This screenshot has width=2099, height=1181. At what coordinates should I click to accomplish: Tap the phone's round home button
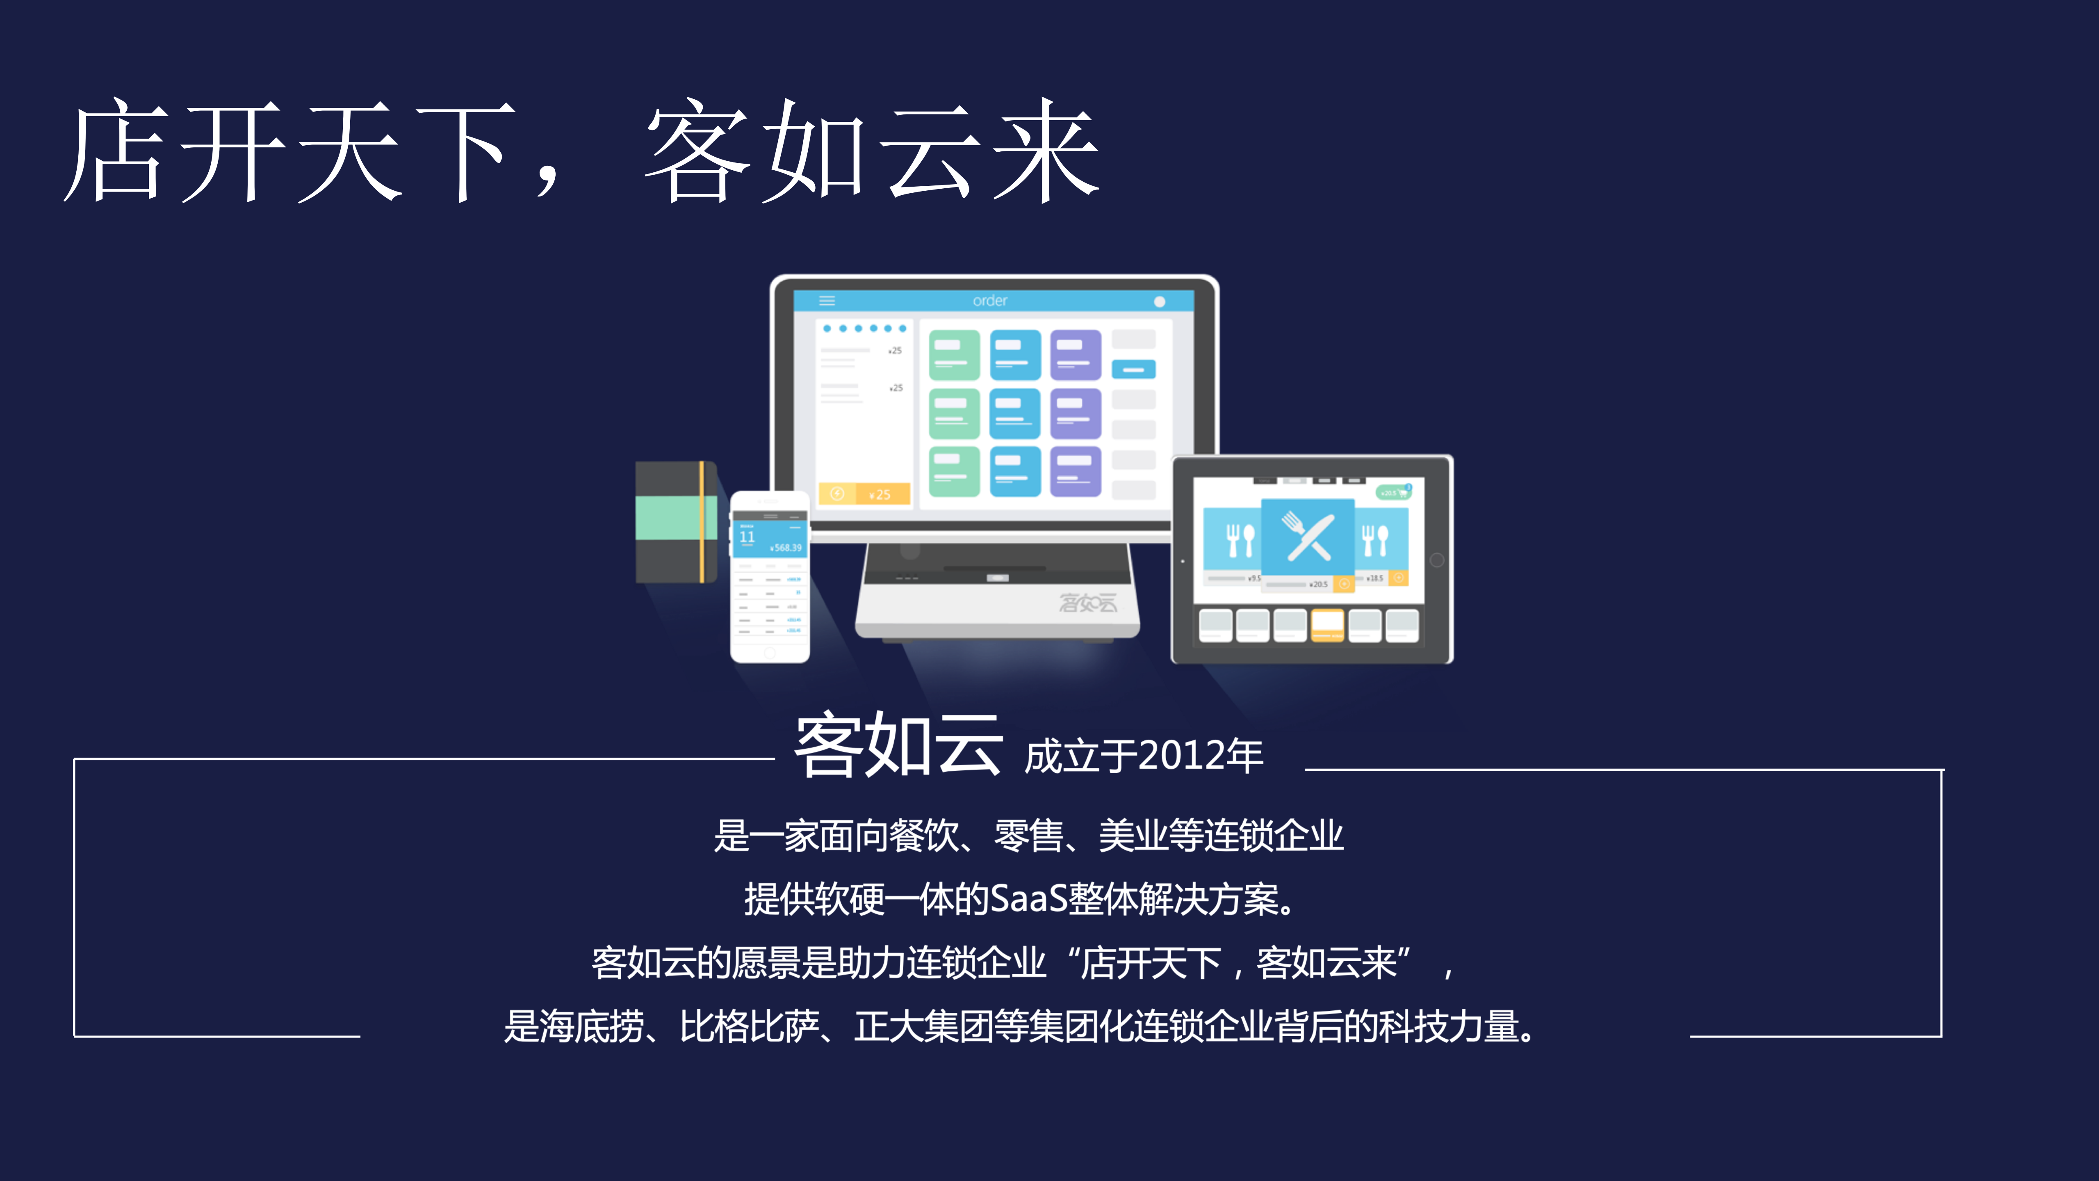(x=769, y=653)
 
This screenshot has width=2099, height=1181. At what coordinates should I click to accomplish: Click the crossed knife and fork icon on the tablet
(x=1308, y=536)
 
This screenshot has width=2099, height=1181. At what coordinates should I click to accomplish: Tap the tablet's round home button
(x=1436, y=560)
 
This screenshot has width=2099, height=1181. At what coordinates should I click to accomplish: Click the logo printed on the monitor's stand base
(x=1088, y=603)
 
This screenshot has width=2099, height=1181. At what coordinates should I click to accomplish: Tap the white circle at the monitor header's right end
(x=1160, y=302)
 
